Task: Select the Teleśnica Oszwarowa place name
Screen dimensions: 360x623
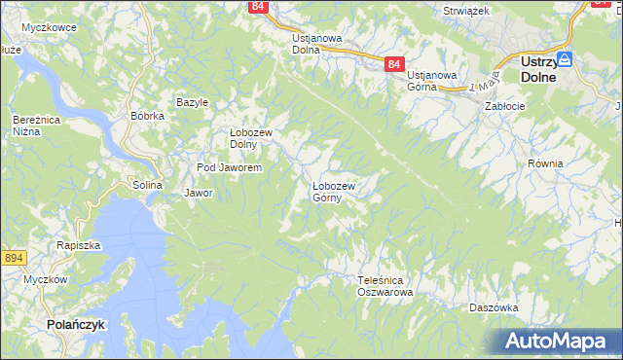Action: click(x=385, y=285)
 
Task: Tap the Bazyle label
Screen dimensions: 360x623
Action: click(x=193, y=102)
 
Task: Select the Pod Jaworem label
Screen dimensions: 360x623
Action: click(x=229, y=167)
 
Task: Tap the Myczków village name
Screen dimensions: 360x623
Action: click(x=45, y=279)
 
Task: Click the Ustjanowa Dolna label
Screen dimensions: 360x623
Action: click(x=317, y=44)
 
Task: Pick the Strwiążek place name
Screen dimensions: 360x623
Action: click(x=465, y=9)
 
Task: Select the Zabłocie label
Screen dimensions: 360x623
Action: click(x=505, y=107)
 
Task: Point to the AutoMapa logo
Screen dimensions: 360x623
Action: click(x=558, y=341)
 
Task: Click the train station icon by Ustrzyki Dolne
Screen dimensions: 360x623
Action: click(x=564, y=59)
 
